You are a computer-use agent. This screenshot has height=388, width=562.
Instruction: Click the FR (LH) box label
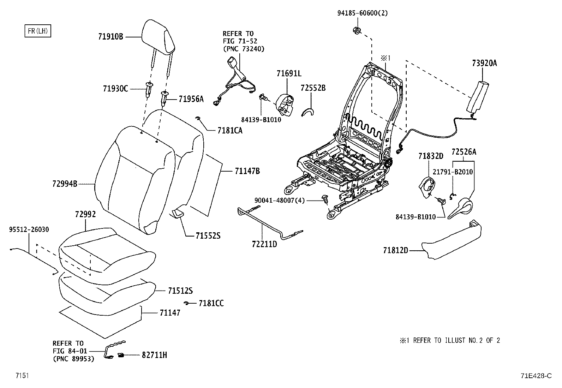tap(38, 31)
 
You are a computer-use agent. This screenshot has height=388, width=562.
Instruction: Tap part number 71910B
tap(110, 37)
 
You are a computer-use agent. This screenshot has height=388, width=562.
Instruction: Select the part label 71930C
tap(115, 89)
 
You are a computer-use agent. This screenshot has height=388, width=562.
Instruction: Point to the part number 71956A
tap(191, 99)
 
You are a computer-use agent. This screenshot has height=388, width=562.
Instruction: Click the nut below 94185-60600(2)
tap(357, 31)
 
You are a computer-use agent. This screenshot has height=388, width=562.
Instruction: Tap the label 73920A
tap(484, 63)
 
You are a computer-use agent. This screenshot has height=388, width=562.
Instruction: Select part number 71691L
tap(289, 73)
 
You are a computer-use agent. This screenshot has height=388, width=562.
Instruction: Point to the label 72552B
tap(313, 88)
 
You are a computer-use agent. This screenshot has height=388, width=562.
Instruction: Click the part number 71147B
tap(247, 171)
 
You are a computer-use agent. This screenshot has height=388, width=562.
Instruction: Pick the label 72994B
tap(65, 184)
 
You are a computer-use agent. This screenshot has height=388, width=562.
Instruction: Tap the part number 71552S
tap(208, 236)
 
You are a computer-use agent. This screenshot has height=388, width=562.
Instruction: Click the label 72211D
tap(264, 244)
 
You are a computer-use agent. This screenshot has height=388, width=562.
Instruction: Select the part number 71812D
tap(396, 250)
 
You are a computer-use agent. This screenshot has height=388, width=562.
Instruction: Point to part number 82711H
tap(154, 355)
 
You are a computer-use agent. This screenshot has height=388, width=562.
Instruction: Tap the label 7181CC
tap(211, 303)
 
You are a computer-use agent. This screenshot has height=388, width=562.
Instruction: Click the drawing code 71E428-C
tap(536, 376)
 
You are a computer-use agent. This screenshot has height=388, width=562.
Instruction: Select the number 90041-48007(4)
tap(280, 200)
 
